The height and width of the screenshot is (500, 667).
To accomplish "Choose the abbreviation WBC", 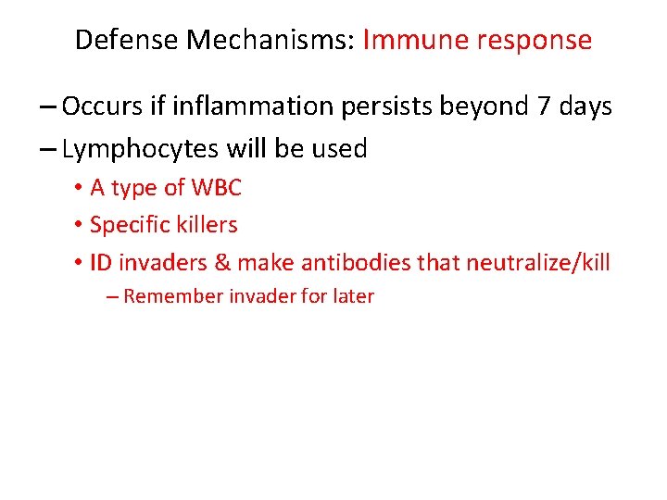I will [217, 188].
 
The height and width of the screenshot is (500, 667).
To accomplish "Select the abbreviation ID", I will [101, 263].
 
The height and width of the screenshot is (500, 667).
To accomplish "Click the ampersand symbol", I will [222, 263].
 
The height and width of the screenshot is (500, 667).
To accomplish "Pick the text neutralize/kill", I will [537, 263].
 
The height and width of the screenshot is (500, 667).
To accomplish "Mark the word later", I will [352, 297].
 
